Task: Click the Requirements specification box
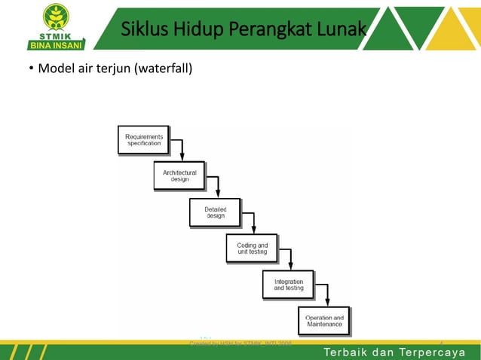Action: pos(143,140)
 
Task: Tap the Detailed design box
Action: pos(215,212)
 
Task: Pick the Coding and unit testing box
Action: pos(252,249)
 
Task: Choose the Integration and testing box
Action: pos(288,285)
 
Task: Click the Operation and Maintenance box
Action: pos(324,322)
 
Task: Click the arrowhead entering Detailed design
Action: pos(217,195)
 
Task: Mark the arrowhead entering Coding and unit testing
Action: pos(253,231)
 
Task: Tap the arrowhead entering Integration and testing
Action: pos(290,267)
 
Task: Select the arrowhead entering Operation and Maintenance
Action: pos(326,304)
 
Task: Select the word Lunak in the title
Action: pos(340,29)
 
